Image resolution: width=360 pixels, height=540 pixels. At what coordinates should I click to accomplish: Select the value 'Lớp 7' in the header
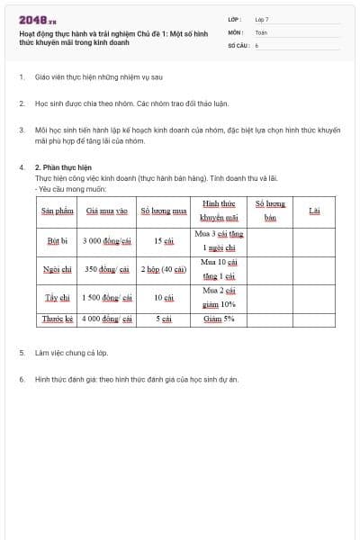[262, 19]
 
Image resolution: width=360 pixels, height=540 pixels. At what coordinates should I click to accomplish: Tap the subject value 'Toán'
[261, 31]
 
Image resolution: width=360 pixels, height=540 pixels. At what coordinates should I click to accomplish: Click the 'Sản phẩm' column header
[57, 211]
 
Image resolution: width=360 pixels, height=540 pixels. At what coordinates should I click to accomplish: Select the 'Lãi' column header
[314, 211]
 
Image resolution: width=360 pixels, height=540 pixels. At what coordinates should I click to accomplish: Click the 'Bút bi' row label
[57, 240]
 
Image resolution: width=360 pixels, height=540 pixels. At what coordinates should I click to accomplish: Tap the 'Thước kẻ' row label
[57, 319]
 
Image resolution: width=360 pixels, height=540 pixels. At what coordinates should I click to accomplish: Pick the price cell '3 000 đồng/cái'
[107, 240]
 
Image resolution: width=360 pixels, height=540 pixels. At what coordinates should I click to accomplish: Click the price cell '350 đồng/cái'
[107, 269]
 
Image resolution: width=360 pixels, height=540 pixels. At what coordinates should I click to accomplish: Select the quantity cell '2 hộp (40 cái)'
[164, 269]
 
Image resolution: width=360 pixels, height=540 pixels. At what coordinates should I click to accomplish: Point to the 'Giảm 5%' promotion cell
[219, 319]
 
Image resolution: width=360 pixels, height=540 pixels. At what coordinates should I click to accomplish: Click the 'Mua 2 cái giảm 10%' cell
[219, 297]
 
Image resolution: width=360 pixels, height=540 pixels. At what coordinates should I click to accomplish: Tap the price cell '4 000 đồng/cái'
[107, 319]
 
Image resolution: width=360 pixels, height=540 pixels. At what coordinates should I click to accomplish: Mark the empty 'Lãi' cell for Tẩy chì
[314, 297]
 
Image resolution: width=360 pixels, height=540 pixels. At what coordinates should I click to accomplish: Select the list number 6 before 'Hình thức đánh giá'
[21, 380]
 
